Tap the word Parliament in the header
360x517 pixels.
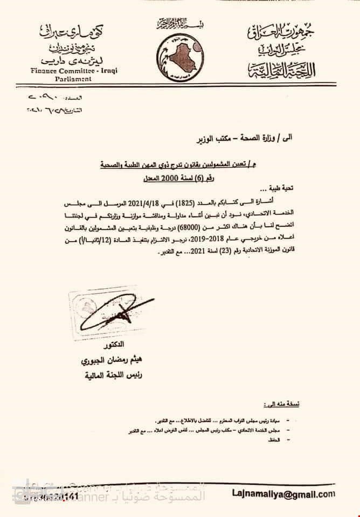pyautogui.click(x=61, y=79)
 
